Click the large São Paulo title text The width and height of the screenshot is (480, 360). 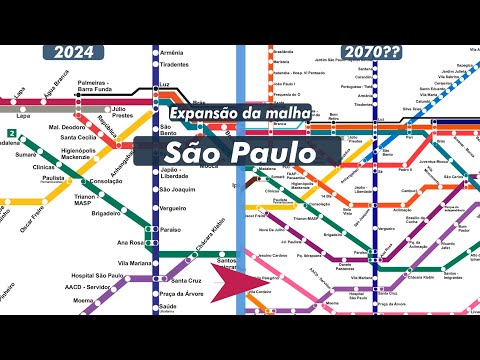[x=239, y=151]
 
